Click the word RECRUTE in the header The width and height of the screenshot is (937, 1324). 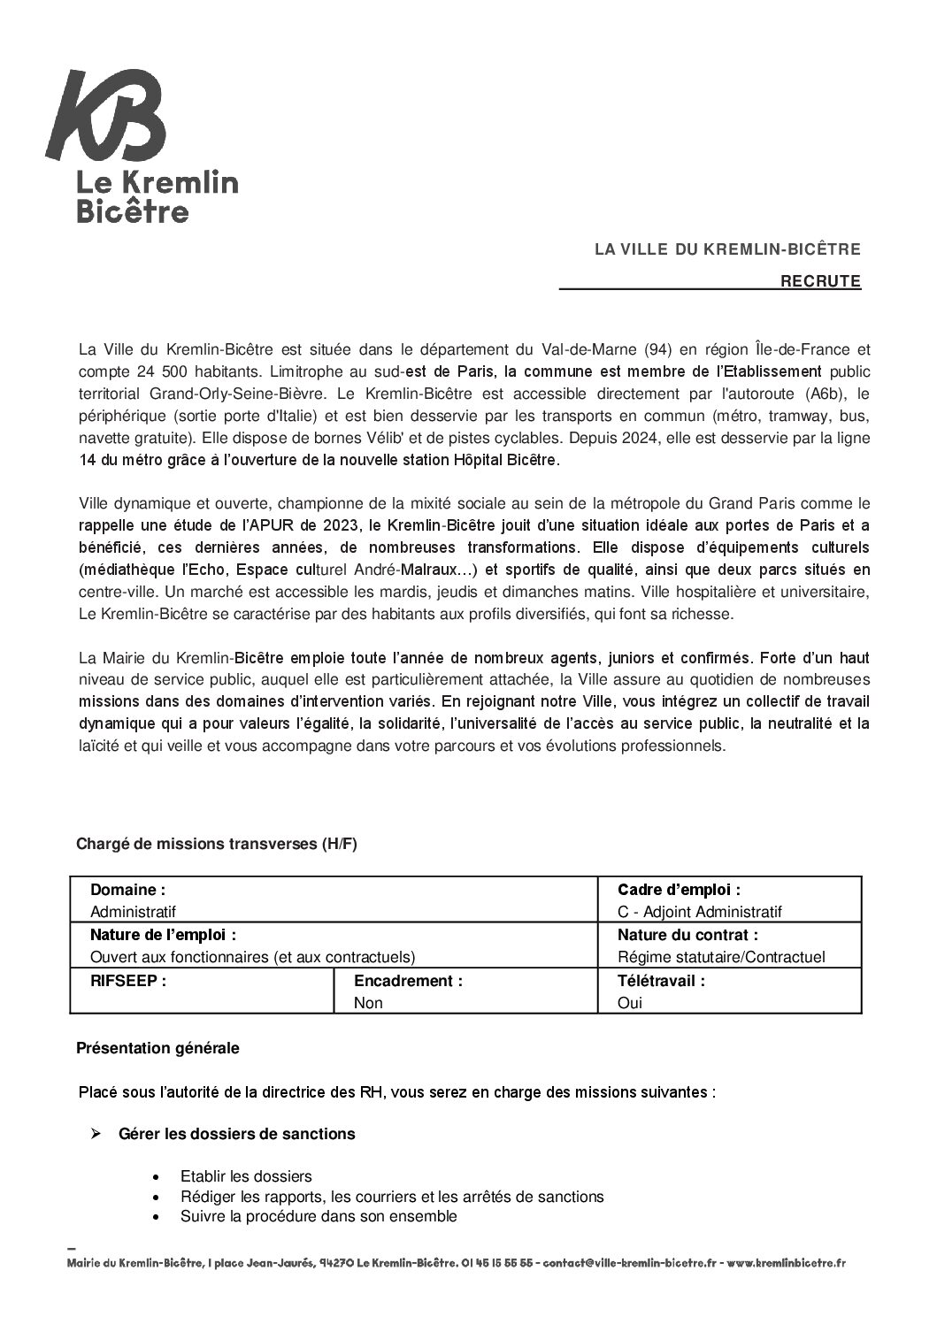pyautogui.click(x=820, y=281)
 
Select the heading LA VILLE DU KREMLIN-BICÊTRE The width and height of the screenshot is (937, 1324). pyautogui.click(x=727, y=250)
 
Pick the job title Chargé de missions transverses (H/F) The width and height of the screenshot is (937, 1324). pyautogui.click(x=217, y=844)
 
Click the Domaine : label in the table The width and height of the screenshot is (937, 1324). pyautogui.click(x=127, y=890)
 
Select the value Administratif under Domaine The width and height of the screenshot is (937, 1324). pyautogui.click(x=134, y=912)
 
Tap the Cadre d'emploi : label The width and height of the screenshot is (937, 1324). pyautogui.click(x=679, y=890)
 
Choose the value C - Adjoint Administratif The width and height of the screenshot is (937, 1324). pyautogui.click(x=700, y=912)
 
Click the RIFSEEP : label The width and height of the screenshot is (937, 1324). pyautogui.click(x=128, y=981)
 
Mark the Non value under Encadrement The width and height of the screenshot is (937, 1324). pyautogui.click(x=368, y=1003)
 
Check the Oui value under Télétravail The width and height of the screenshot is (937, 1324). pyautogui.click(x=630, y=1003)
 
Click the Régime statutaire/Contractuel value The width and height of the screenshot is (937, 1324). pyautogui.click(x=721, y=957)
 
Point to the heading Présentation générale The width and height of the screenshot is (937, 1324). pyautogui.click(x=157, y=1048)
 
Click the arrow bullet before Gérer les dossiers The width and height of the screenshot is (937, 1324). pyautogui.click(x=97, y=1133)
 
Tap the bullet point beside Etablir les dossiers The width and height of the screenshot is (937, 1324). pyautogui.click(x=157, y=1177)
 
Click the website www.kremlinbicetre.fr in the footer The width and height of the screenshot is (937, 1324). pyautogui.click(x=787, y=1264)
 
